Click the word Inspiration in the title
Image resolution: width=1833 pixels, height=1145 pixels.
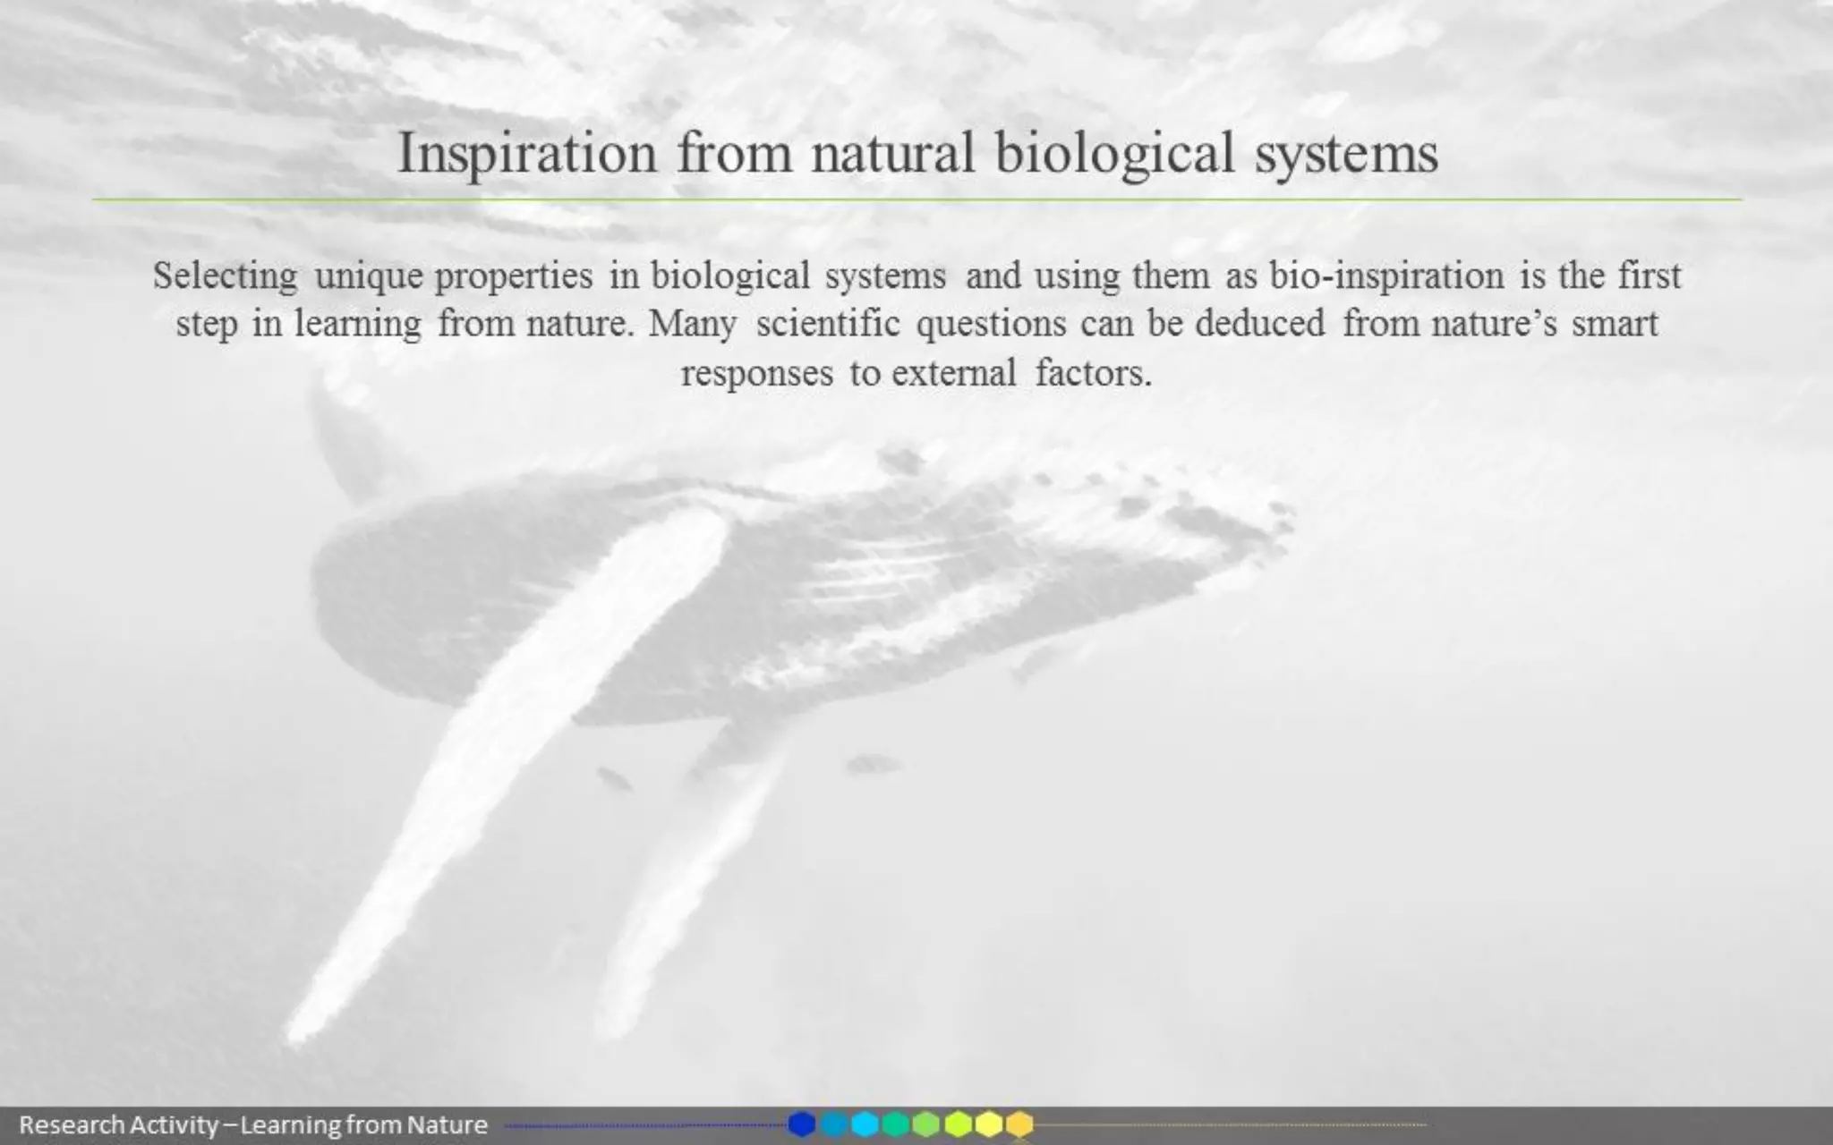pyautogui.click(x=527, y=154)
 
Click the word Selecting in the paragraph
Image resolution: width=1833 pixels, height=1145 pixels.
pyautogui.click(x=225, y=276)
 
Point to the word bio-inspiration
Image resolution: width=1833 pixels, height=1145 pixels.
pyautogui.click(x=1386, y=276)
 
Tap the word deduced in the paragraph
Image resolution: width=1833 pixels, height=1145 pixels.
pyautogui.click(x=1259, y=323)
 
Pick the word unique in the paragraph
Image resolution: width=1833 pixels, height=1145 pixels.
pyautogui.click(x=368, y=276)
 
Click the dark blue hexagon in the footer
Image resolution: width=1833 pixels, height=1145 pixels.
pyautogui.click(x=802, y=1124)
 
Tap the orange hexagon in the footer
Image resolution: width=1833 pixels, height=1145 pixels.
pyautogui.click(x=1019, y=1124)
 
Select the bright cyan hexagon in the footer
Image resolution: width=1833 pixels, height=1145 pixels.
pyautogui.click(x=865, y=1124)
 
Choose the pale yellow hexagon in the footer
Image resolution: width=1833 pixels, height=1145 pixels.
pyautogui.click(x=988, y=1124)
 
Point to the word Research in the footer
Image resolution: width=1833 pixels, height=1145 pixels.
pyautogui.click(x=72, y=1124)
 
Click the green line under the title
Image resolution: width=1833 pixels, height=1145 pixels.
pyautogui.click(x=916, y=199)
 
